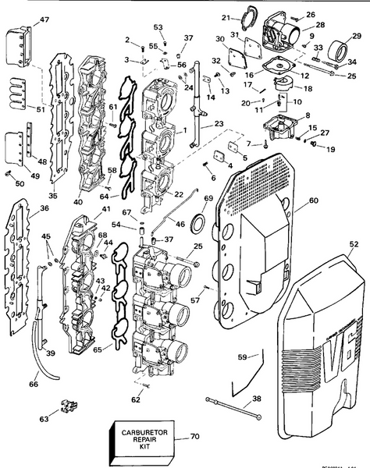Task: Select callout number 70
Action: click(194, 438)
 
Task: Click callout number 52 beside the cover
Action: click(354, 244)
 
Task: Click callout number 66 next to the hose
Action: click(33, 384)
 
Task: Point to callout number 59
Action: click(244, 357)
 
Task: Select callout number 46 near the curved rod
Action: click(181, 224)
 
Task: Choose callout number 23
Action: click(217, 123)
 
